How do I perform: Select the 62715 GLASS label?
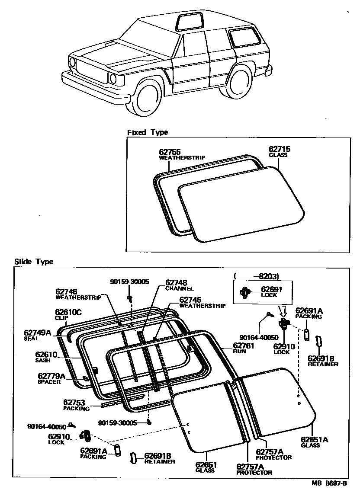279,149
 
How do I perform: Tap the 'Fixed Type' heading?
147,132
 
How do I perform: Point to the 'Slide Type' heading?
33,262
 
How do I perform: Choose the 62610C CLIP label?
68,313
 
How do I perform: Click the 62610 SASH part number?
46,355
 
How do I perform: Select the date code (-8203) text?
256,276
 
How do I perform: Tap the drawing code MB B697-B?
328,484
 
